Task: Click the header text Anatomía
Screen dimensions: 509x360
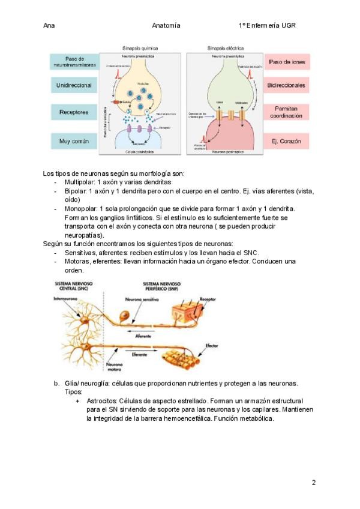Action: [166, 26]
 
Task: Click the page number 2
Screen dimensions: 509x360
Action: [313, 482]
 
